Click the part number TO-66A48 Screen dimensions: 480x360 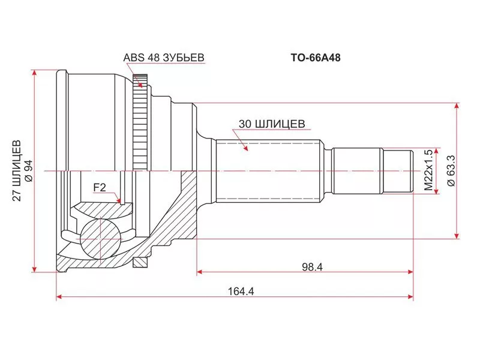316,58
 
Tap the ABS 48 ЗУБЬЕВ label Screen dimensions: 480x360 164,58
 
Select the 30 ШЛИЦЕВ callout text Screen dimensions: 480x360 272,124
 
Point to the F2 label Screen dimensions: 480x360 100,187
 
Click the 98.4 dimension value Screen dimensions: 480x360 312,267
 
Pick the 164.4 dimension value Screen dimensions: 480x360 241,291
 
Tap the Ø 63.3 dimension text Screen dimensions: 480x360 451,170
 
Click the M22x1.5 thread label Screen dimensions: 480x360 429,170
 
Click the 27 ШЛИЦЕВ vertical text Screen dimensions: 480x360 17,170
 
